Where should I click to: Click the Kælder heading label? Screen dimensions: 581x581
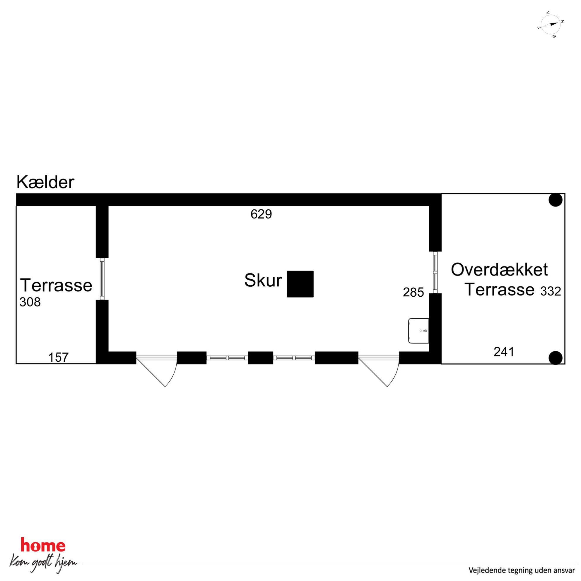[x=45, y=182]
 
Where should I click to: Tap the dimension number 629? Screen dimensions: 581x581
[x=261, y=214]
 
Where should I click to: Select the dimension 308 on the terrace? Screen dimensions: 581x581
[x=30, y=302]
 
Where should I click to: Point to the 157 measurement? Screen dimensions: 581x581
[x=58, y=358]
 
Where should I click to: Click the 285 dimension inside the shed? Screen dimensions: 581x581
[x=413, y=292]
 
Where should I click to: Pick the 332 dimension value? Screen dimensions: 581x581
[x=551, y=291]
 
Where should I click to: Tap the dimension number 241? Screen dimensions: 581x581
[x=504, y=351]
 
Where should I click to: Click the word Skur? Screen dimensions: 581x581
[x=263, y=280]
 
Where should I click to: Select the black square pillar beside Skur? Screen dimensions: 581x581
[x=300, y=284]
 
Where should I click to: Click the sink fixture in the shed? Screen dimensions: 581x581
[x=418, y=331]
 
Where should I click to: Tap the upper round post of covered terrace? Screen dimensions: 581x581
[x=556, y=200]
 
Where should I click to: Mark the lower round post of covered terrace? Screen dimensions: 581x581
[x=556, y=358]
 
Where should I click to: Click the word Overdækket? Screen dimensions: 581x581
[x=499, y=269]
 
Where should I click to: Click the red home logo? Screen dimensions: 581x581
[x=43, y=545]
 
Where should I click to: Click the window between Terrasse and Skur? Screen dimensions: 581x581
[x=102, y=279]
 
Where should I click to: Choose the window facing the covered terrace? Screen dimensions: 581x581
[x=435, y=272]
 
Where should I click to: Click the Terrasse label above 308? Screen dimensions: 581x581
[x=56, y=285]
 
